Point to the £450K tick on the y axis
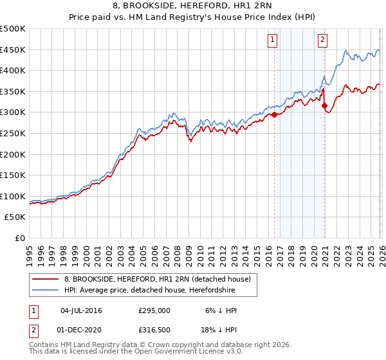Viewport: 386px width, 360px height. pos(13,50)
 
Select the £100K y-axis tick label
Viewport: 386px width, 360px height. pos(13,196)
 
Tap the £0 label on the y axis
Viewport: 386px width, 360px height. pos(19,238)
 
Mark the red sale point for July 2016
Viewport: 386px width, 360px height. pos(274,114)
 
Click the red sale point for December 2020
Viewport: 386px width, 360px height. pos(324,105)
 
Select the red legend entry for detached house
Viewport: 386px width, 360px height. pos(161,278)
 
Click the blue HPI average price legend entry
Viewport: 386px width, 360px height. pos(149,291)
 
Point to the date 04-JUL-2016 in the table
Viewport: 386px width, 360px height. pos(81,310)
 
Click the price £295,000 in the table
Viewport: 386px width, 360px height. pos(154,310)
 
